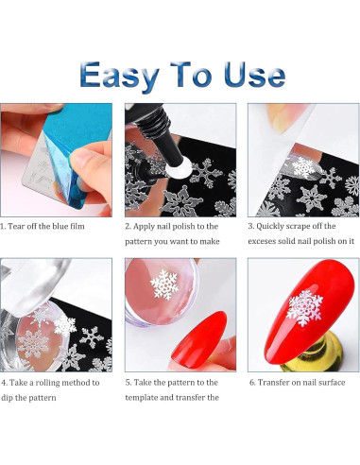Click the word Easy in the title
(x=119, y=76)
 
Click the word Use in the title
(x=254, y=75)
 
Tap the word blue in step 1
(x=60, y=226)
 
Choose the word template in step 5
(x=142, y=398)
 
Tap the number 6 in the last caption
(x=251, y=383)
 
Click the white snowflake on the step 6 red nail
(x=305, y=308)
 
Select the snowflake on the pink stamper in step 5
(x=164, y=284)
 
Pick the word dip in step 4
(x=8, y=398)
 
